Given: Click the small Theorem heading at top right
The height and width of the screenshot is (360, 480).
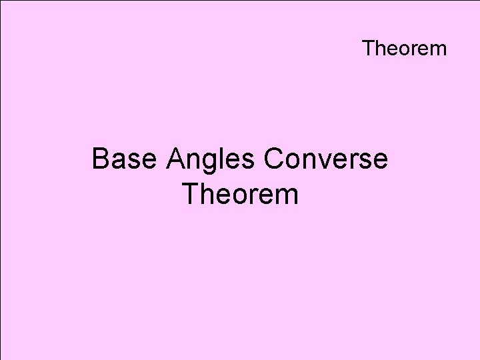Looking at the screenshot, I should (x=404, y=49).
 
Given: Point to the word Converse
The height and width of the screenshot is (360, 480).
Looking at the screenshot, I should (x=326, y=160).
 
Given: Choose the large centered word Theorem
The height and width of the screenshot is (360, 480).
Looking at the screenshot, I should (x=239, y=195).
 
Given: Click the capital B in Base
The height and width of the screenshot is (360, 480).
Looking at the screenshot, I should (x=101, y=160).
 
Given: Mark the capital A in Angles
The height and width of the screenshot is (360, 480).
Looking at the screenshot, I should (x=177, y=160).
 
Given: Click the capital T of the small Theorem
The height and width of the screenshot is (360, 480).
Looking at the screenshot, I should (x=369, y=49).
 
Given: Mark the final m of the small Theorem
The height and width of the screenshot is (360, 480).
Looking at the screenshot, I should (x=438, y=50).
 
